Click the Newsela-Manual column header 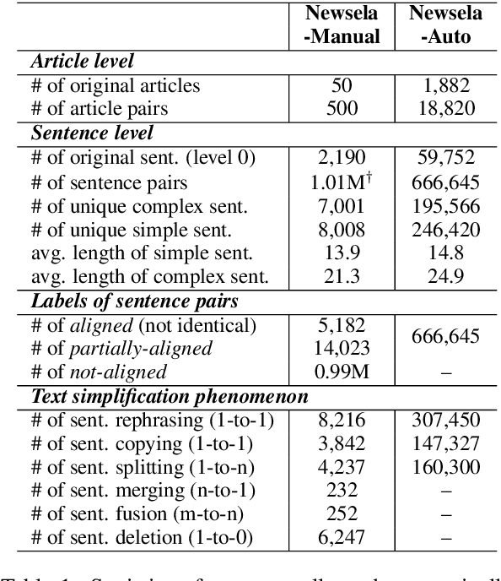[x=342, y=26]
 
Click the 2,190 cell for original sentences [x=342, y=158]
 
